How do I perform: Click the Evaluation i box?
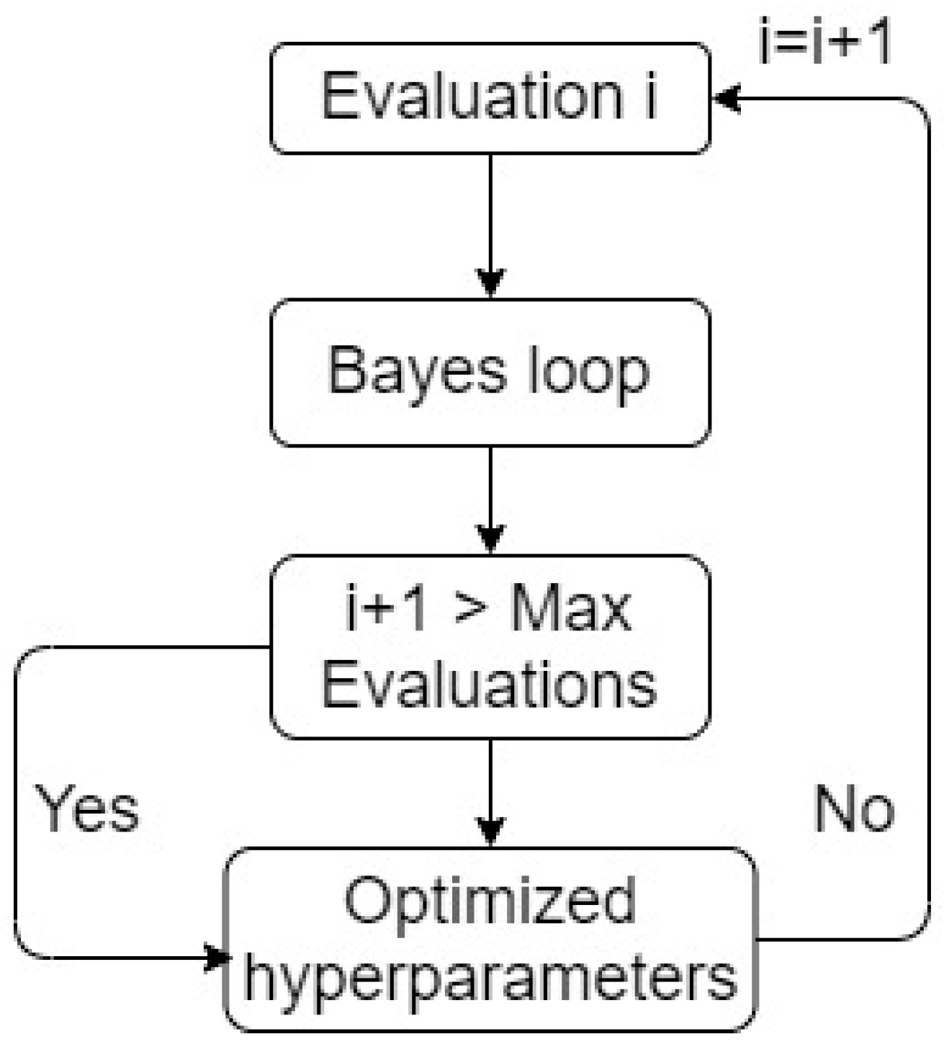(490, 99)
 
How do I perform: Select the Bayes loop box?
(490, 373)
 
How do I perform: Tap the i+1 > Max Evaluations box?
(490, 646)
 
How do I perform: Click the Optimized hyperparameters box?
(490, 938)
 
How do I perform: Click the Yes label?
(87, 808)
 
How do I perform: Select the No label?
(854, 808)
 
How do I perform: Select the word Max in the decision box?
(570, 610)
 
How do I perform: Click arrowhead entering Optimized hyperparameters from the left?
(216, 958)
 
